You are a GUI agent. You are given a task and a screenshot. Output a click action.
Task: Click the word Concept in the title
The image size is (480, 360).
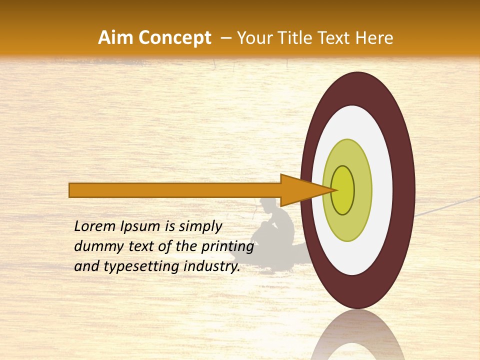pyautogui.click(x=175, y=38)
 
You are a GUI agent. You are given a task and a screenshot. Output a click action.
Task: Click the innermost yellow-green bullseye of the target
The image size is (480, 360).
pyautogui.click(x=343, y=190)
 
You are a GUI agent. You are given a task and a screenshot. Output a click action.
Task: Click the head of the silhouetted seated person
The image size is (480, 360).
pyautogui.click(x=268, y=205)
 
